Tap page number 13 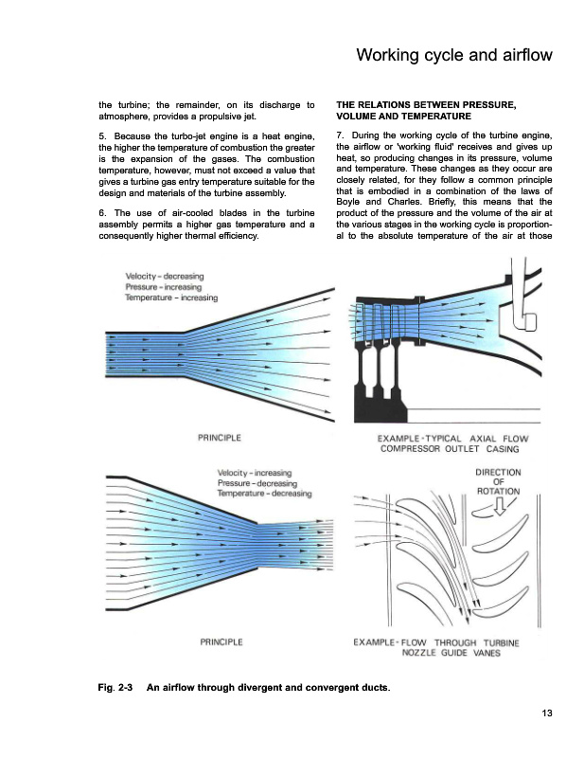(x=546, y=713)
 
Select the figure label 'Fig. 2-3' (x=115, y=684)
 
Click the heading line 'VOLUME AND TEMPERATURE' (x=391, y=115)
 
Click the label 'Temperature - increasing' (x=171, y=298)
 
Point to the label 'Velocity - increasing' (x=255, y=473)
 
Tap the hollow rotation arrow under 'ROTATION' (x=503, y=509)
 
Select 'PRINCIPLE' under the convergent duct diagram (x=221, y=642)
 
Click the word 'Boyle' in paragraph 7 (x=351, y=201)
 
